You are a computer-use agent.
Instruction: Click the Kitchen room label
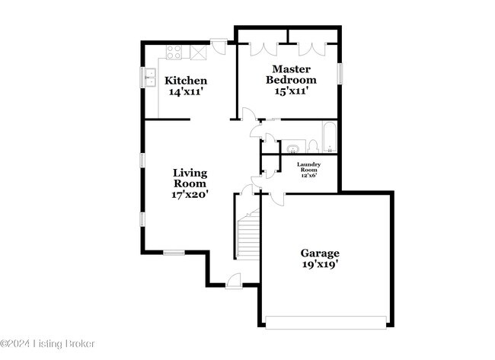click(x=186, y=81)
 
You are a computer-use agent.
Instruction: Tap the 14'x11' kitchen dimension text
click(x=186, y=92)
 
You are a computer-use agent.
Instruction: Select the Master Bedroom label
click(x=291, y=74)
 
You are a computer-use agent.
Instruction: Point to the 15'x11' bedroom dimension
click(x=291, y=91)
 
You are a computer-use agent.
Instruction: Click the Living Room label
click(x=190, y=178)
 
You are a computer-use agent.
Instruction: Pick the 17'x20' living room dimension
click(x=190, y=194)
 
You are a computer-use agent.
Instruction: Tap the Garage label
click(x=320, y=253)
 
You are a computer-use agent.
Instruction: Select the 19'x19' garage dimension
click(x=321, y=264)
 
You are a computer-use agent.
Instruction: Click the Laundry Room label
click(x=308, y=167)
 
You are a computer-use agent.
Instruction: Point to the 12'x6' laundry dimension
click(x=308, y=175)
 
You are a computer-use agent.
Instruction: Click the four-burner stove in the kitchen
click(x=174, y=52)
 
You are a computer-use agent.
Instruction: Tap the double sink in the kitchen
click(x=150, y=77)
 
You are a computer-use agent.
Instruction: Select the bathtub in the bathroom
click(x=329, y=136)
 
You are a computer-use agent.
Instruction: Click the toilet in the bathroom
click(x=312, y=147)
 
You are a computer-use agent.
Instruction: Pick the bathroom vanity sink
click(x=293, y=148)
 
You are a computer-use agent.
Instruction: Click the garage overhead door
click(x=326, y=323)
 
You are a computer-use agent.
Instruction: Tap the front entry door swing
click(x=234, y=281)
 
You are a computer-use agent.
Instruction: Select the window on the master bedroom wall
click(x=340, y=74)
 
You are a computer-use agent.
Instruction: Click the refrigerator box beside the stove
click(x=199, y=52)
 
